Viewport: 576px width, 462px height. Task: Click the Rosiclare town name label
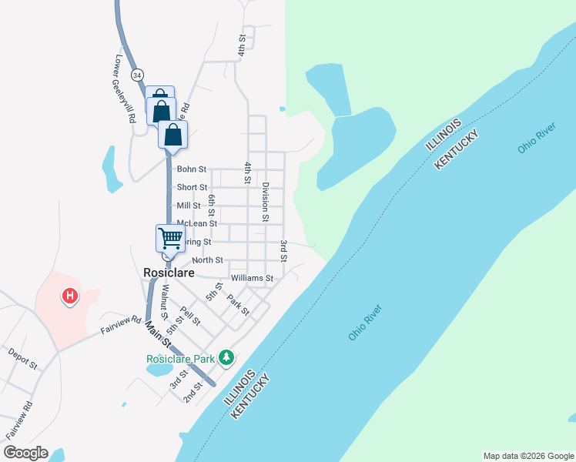(168, 273)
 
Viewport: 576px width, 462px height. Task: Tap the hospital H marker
(70, 295)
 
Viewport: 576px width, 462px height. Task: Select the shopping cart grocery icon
(170, 238)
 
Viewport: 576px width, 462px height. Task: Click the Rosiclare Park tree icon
(226, 358)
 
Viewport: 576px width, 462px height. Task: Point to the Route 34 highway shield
(137, 75)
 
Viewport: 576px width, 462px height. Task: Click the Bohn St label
(192, 169)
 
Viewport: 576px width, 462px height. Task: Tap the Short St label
(192, 187)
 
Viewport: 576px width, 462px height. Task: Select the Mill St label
(189, 206)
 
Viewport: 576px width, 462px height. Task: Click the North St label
(207, 260)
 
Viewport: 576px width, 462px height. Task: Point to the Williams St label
(252, 277)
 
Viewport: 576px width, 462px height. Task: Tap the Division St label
(265, 202)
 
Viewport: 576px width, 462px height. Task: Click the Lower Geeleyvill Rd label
(125, 89)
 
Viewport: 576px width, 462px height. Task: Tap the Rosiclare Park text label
(181, 359)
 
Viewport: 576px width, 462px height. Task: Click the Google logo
(25, 453)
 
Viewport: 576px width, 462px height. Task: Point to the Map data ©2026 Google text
(528, 456)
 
